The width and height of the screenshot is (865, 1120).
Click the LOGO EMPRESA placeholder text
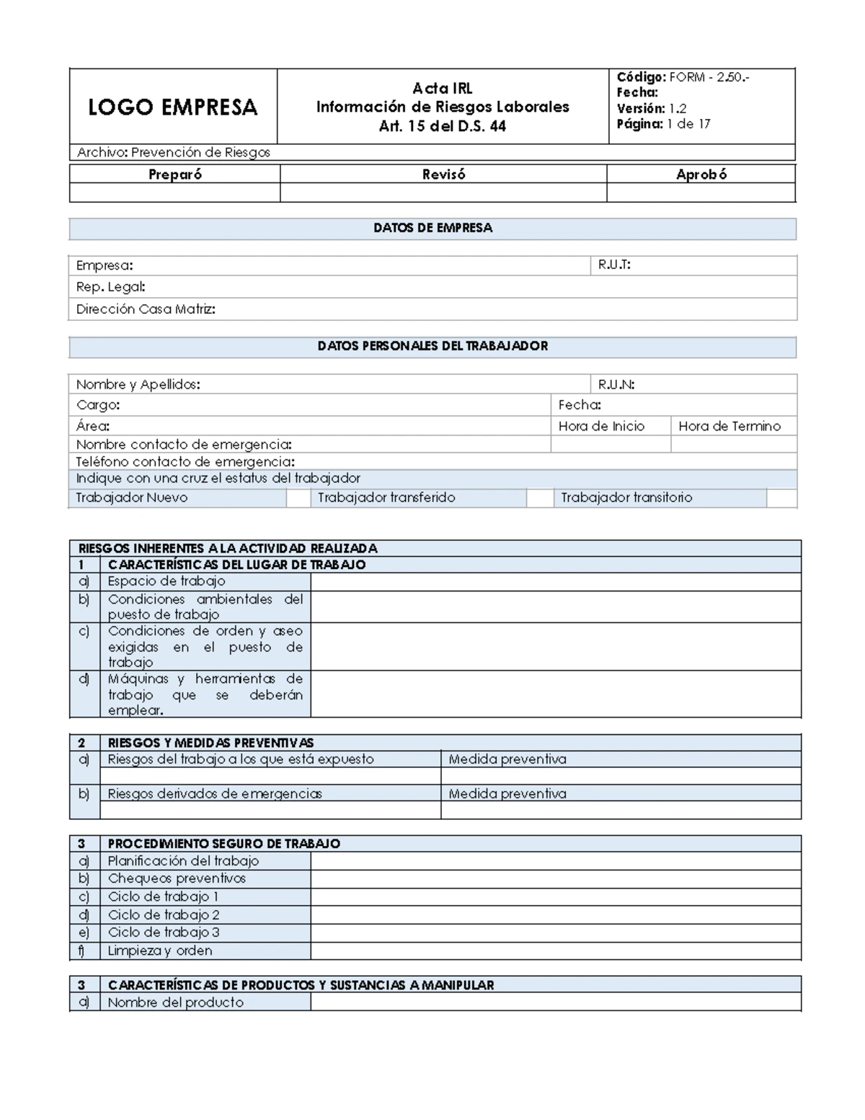[172, 107]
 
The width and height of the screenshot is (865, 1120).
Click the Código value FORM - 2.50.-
[709, 77]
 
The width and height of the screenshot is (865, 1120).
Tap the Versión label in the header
[640, 108]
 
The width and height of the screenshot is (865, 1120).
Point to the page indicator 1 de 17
[688, 124]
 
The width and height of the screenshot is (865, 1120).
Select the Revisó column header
[443, 174]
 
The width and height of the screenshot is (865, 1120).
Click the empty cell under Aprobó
[701, 193]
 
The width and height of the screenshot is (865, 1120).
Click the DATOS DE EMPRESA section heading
[432, 228]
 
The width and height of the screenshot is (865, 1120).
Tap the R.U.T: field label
[614, 265]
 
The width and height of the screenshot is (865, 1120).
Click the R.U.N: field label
[616, 384]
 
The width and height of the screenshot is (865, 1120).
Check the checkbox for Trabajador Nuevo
[298, 498]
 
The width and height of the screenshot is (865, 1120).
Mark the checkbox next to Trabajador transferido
[539, 498]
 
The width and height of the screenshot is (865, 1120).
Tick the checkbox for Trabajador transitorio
[781, 498]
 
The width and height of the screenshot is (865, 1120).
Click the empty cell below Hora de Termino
[734, 444]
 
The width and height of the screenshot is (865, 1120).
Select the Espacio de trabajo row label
[167, 581]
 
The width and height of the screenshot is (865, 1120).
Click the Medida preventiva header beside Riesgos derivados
[507, 793]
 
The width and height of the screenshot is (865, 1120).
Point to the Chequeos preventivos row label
[177, 878]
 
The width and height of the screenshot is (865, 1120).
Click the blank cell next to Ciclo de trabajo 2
[555, 914]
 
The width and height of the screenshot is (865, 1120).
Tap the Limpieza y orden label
[160, 951]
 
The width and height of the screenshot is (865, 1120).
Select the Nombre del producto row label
[175, 1002]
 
